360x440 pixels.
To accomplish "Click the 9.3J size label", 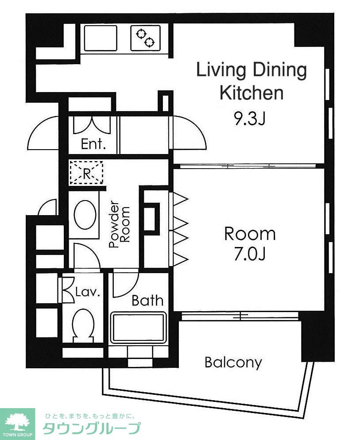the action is pos(249,119).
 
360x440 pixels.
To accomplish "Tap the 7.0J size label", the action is pos(250,255).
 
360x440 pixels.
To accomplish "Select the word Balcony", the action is pos(233,363).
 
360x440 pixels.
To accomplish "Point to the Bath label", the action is pos(147,301).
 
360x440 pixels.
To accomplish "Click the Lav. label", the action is pos(88,292).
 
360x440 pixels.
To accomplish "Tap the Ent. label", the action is pos(93,144).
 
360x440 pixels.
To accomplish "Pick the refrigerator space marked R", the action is pos(86,172).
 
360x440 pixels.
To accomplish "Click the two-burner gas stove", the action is pos(145,38).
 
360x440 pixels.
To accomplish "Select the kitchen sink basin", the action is pos(100,38).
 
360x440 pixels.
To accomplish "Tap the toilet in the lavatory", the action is pos(83,325).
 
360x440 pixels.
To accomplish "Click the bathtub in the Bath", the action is pos(138,328).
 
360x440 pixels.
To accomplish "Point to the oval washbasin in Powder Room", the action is pos(85,215).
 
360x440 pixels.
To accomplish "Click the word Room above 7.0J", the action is pos(250,234).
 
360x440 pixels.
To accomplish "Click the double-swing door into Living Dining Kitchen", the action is pos(189,133).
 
